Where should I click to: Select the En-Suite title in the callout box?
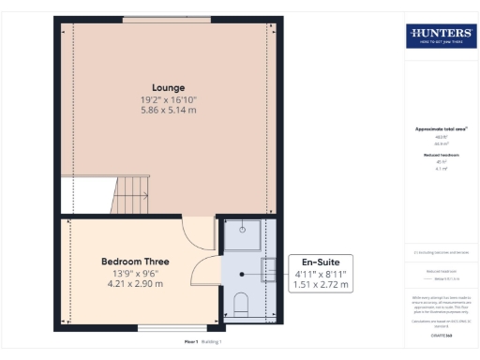tap(320, 261)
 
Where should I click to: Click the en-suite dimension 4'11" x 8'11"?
tap(320, 273)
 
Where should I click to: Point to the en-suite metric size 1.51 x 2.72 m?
tap(320, 284)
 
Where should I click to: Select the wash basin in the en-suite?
tap(267, 271)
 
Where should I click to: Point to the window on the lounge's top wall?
tap(166, 19)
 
